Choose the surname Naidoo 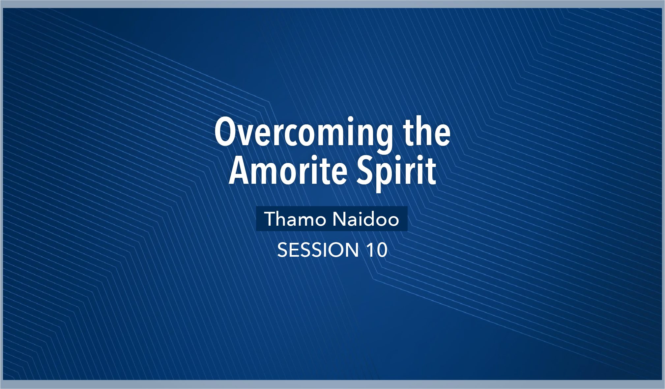[x=366, y=219]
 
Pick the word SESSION [x=318, y=250]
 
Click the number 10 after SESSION [x=377, y=250]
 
